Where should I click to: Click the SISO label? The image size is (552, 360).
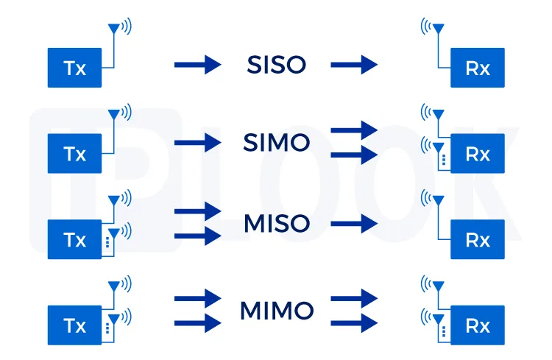point(275,66)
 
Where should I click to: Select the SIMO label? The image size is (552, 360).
point(276,143)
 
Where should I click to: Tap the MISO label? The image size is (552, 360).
point(276,222)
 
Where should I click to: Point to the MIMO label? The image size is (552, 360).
point(276,311)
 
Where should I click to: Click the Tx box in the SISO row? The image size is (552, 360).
point(75,68)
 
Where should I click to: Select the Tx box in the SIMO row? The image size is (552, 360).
point(75,154)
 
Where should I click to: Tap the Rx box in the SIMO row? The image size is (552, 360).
point(478,154)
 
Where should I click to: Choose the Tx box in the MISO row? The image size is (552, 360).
point(75,239)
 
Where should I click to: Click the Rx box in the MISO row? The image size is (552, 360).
point(478,240)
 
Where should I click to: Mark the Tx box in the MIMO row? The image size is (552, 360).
point(75,325)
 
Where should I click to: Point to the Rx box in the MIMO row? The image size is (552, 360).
point(478,325)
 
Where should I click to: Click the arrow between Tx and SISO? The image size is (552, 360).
point(197,65)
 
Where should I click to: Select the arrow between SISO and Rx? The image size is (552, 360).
point(354,65)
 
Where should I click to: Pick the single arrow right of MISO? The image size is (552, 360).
point(354,223)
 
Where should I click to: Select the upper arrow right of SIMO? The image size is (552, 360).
point(354,130)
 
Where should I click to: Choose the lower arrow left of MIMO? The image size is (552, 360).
point(197,322)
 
